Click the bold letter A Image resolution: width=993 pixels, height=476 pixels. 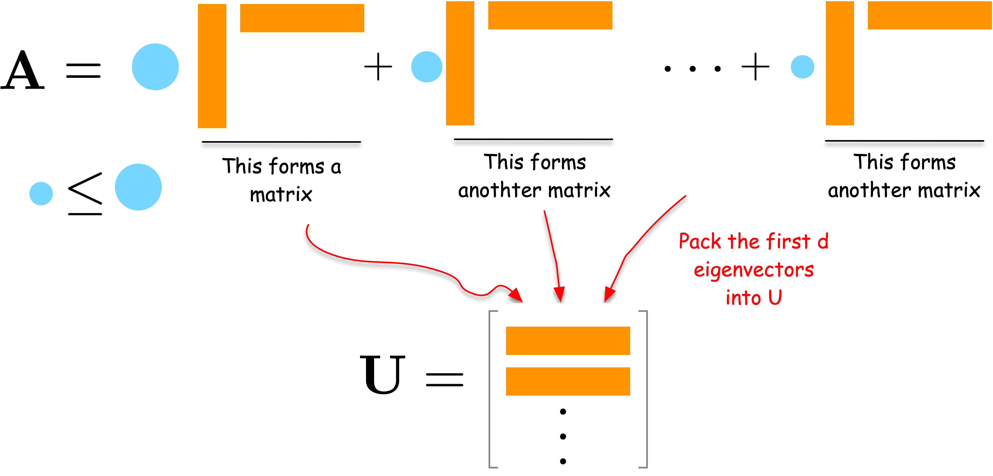[22, 70]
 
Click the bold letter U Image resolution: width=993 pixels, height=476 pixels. [382, 374]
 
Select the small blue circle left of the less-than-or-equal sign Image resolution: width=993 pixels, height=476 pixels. [41, 194]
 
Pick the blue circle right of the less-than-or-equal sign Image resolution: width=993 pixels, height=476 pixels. [138, 187]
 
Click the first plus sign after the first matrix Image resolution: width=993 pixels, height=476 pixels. [378, 67]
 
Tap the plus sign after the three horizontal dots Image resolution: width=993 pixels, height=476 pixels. [755, 67]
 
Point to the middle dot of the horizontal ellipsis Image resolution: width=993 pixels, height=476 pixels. [692, 69]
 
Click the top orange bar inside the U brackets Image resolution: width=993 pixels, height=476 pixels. [567, 341]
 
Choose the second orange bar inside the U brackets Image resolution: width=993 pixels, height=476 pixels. [567, 381]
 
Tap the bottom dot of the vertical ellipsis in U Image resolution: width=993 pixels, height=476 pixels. [563, 461]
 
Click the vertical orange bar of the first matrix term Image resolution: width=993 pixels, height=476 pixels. [212, 66]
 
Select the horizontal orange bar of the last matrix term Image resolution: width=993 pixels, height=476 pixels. [929, 15]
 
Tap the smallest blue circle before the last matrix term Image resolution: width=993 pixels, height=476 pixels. [802, 67]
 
